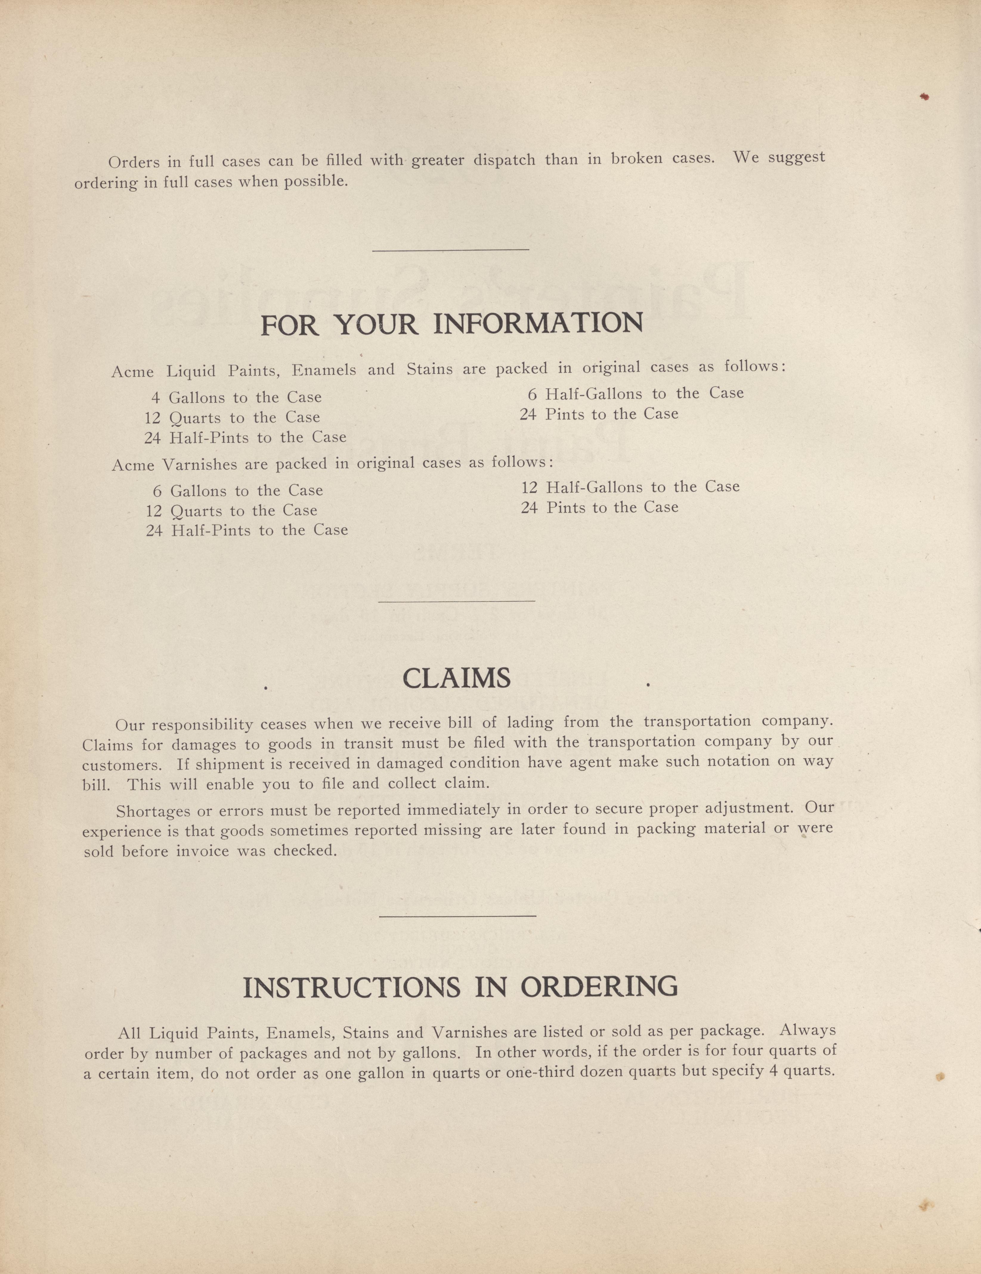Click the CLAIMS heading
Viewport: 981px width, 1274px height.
point(457,678)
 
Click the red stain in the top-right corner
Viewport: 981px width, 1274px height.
point(924,97)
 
